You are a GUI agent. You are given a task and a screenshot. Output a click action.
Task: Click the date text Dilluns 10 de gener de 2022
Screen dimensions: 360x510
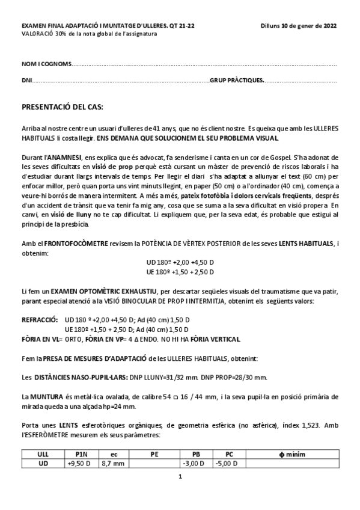tap(299, 26)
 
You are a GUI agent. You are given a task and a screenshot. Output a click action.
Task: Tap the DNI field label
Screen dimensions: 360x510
tap(26, 80)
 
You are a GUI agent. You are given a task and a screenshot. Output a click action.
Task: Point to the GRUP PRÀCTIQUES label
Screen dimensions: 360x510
tap(236, 80)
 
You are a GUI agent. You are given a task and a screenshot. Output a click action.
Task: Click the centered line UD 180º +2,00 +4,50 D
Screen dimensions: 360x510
tap(180, 262)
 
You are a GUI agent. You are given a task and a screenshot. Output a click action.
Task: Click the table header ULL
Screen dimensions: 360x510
tap(43, 454)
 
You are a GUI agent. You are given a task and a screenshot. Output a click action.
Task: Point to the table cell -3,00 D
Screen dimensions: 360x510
tap(195, 463)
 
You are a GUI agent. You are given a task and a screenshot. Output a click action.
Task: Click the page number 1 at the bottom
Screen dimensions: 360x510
tap(180, 477)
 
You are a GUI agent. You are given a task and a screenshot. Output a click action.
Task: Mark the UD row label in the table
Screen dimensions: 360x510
tap(43, 463)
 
